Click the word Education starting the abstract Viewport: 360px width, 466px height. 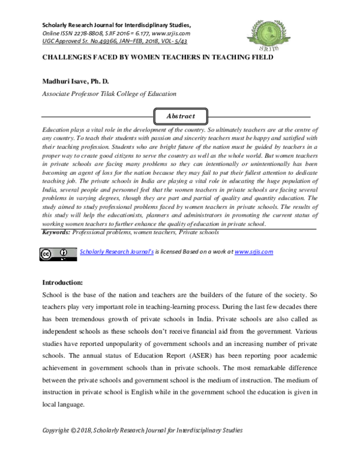[x=56, y=130]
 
